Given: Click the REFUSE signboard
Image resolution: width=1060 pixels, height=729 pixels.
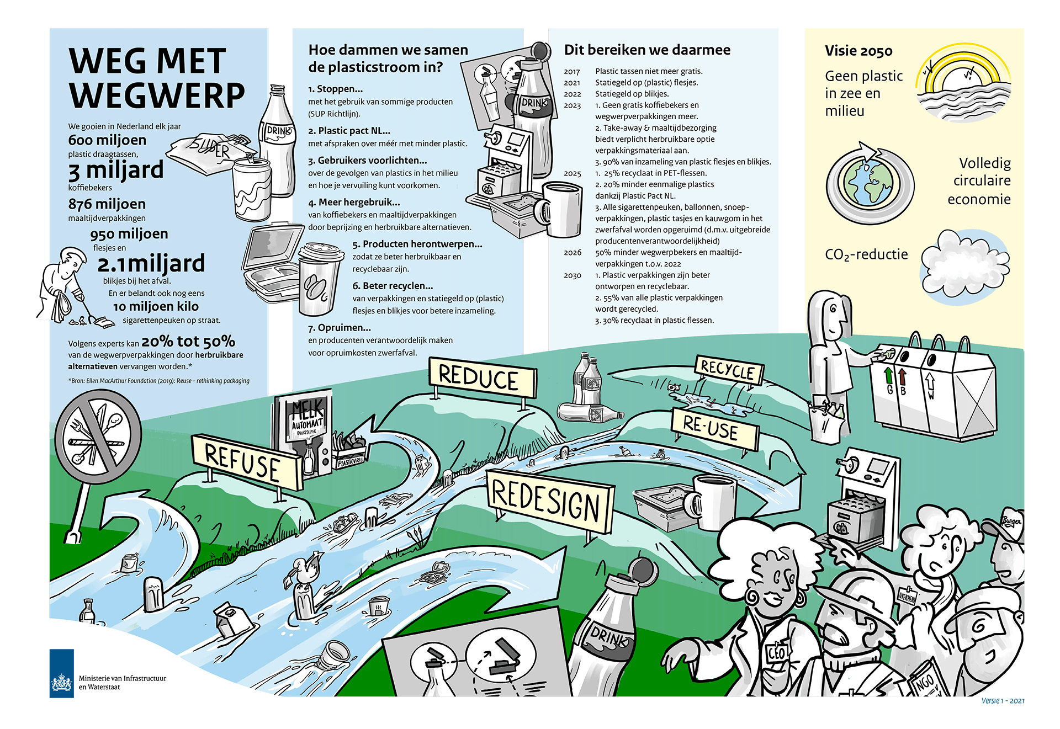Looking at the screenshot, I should [x=243, y=462].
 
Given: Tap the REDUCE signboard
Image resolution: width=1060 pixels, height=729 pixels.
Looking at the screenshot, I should [x=481, y=378].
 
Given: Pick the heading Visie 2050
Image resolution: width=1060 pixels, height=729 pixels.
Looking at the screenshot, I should [x=858, y=51].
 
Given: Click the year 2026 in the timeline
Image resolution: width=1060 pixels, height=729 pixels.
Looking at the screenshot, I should [x=573, y=253].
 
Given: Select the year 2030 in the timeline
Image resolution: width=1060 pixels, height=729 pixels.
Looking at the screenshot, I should [x=573, y=275].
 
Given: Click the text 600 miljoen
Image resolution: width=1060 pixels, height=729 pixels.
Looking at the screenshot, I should [x=107, y=140].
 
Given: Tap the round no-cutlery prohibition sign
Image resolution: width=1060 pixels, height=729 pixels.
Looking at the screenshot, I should [x=98, y=435].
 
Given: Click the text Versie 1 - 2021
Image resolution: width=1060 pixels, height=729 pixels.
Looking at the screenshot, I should [x=1003, y=701].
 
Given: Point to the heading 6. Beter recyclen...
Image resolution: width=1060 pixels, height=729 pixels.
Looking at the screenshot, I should [x=393, y=286].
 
